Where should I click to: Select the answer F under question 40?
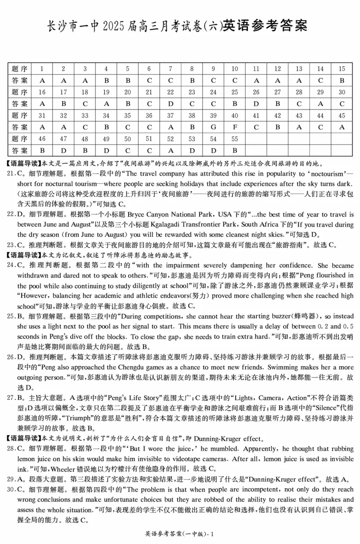coord(234,127)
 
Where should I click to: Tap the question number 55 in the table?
coord(234,139)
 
